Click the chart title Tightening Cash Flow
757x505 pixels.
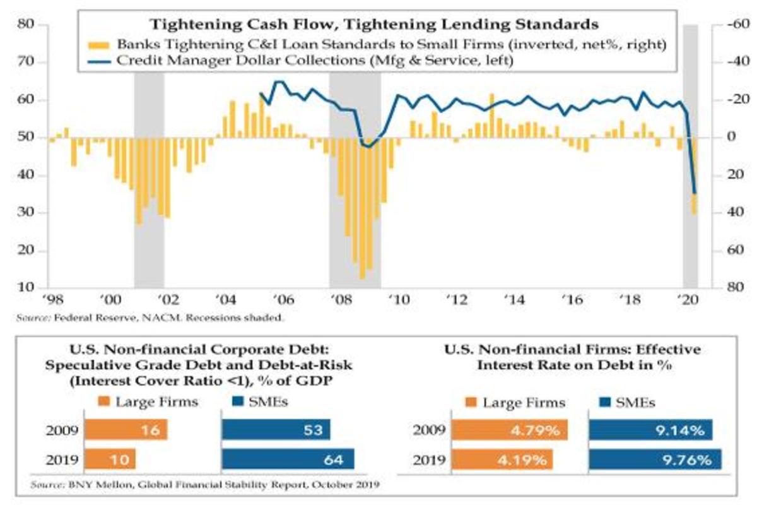point(373,26)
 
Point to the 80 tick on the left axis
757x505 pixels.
point(29,25)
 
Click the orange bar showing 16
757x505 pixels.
point(126,431)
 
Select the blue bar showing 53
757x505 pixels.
point(276,431)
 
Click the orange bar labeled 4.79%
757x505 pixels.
point(510,431)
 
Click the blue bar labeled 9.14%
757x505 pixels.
point(650,431)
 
